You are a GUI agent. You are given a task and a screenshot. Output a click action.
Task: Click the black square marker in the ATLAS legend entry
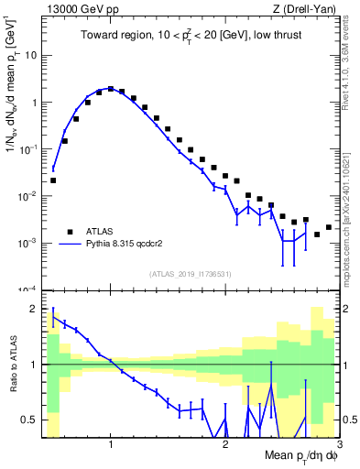69,231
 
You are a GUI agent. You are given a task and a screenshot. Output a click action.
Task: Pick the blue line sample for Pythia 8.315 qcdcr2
69,245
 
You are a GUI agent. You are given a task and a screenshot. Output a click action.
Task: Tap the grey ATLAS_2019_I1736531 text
191,274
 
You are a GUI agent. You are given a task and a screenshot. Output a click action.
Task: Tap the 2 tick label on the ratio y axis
35,309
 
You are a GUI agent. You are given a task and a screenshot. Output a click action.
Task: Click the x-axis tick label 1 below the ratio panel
111,444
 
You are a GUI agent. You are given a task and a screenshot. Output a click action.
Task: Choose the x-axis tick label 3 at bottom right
338,444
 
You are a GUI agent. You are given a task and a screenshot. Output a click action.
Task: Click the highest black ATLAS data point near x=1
111,89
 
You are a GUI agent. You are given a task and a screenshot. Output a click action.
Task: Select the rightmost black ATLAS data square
329,227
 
